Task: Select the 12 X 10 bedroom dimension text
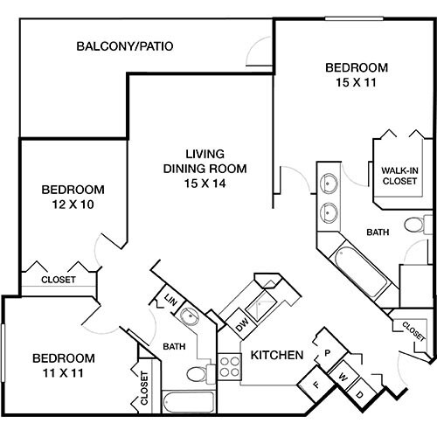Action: point(73,205)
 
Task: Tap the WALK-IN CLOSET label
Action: point(400,176)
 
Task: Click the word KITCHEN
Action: point(277,356)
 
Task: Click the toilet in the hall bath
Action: point(196,374)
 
